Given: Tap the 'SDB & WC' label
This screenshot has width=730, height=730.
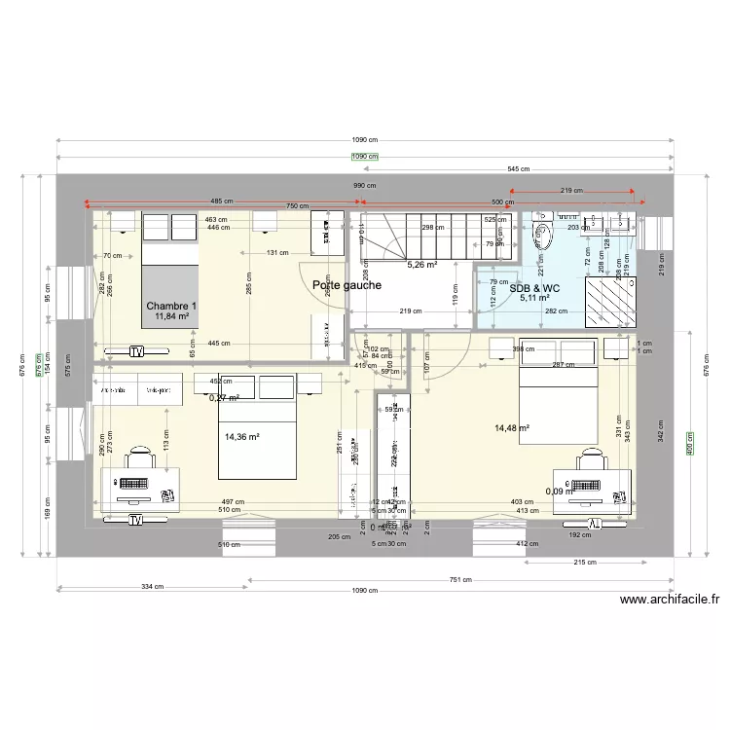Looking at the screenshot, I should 535,288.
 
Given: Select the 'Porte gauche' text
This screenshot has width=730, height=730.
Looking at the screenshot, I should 347,285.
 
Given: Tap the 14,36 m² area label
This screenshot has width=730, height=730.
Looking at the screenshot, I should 243,438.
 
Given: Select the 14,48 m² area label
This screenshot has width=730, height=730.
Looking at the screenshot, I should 512,427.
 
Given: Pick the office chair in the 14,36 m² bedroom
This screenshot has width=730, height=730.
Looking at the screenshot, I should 142,458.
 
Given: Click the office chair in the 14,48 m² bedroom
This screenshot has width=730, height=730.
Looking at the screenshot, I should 591,458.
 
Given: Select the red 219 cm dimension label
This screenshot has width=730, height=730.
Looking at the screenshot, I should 572,191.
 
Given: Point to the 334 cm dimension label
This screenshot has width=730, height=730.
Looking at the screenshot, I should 152,587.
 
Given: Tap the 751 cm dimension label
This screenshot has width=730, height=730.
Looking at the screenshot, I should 459,580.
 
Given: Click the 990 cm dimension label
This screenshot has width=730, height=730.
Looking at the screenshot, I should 364,185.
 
